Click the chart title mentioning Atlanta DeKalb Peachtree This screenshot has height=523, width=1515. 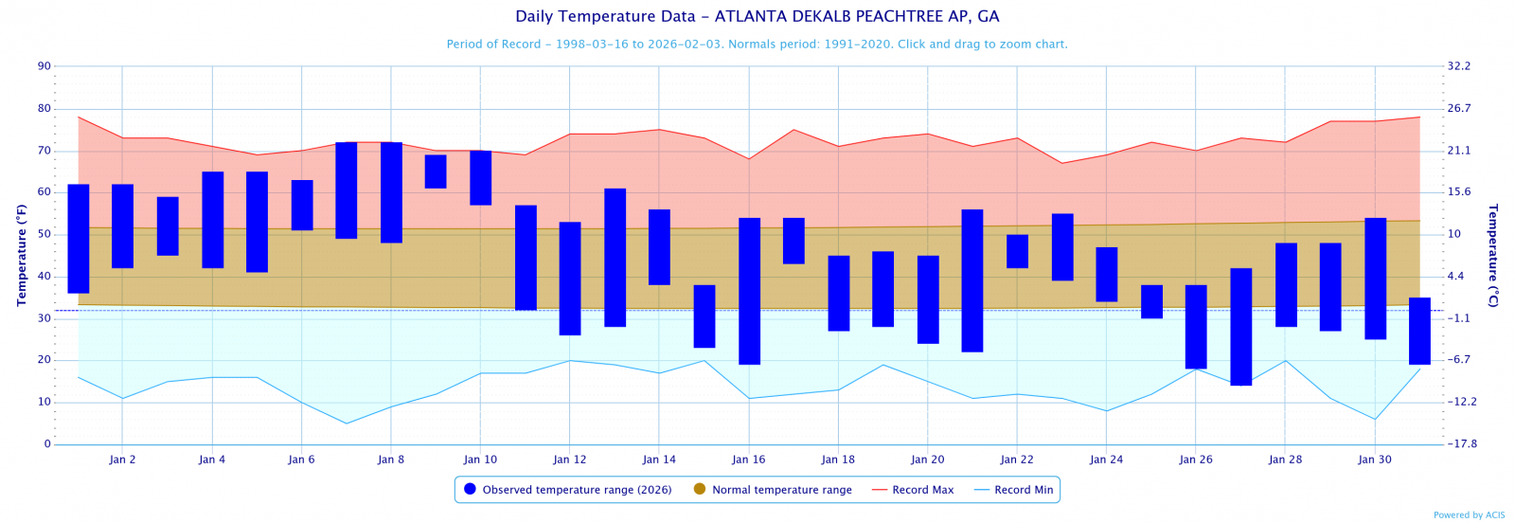pos(757,17)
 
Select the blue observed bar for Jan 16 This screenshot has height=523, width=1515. pos(749,291)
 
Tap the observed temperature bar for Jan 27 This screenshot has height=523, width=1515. pos(1240,327)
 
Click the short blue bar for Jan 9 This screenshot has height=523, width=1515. pos(436,171)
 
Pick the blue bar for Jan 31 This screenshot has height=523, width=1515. pos(1419,331)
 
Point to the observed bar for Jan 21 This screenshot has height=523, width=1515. pos(972,280)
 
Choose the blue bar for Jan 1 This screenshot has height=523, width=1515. pos(79,239)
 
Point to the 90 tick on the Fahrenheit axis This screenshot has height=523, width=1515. pos(45,66)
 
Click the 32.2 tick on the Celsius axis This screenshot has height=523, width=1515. pos(1459,66)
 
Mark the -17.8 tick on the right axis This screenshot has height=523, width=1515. pos(1462,444)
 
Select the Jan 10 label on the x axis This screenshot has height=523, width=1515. pos(480,460)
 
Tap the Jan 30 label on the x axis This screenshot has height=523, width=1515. pos(1375,460)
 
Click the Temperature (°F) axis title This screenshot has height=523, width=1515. pos(21,255)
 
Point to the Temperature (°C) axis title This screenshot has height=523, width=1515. pos(1493,255)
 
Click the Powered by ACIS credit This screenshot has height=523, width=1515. pos(1469,515)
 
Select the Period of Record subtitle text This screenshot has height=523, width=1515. pos(757,45)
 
